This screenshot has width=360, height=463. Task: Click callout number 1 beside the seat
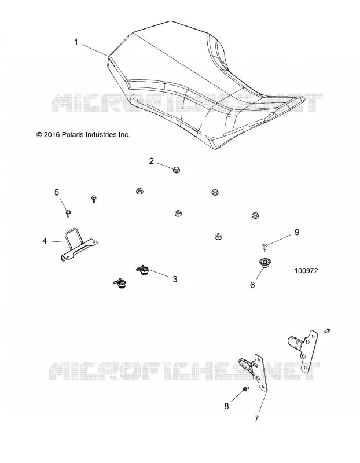point(76,42)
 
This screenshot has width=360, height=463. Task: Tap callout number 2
point(152,161)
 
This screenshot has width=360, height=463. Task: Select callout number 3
point(175,279)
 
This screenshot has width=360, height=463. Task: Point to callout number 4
point(45,241)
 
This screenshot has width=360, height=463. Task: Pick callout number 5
point(57,193)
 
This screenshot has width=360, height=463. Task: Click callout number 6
point(252,285)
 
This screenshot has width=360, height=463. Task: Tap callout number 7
point(256,418)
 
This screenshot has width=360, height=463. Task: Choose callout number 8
point(226,406)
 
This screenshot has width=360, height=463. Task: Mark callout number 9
point(297,232)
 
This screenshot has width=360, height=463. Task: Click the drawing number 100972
point(306,271)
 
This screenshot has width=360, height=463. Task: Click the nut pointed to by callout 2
point(177,170)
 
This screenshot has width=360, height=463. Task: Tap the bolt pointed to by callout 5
point(68,213)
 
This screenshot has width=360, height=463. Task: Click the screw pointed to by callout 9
point(265,247)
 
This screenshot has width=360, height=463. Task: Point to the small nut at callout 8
point(245,389)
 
